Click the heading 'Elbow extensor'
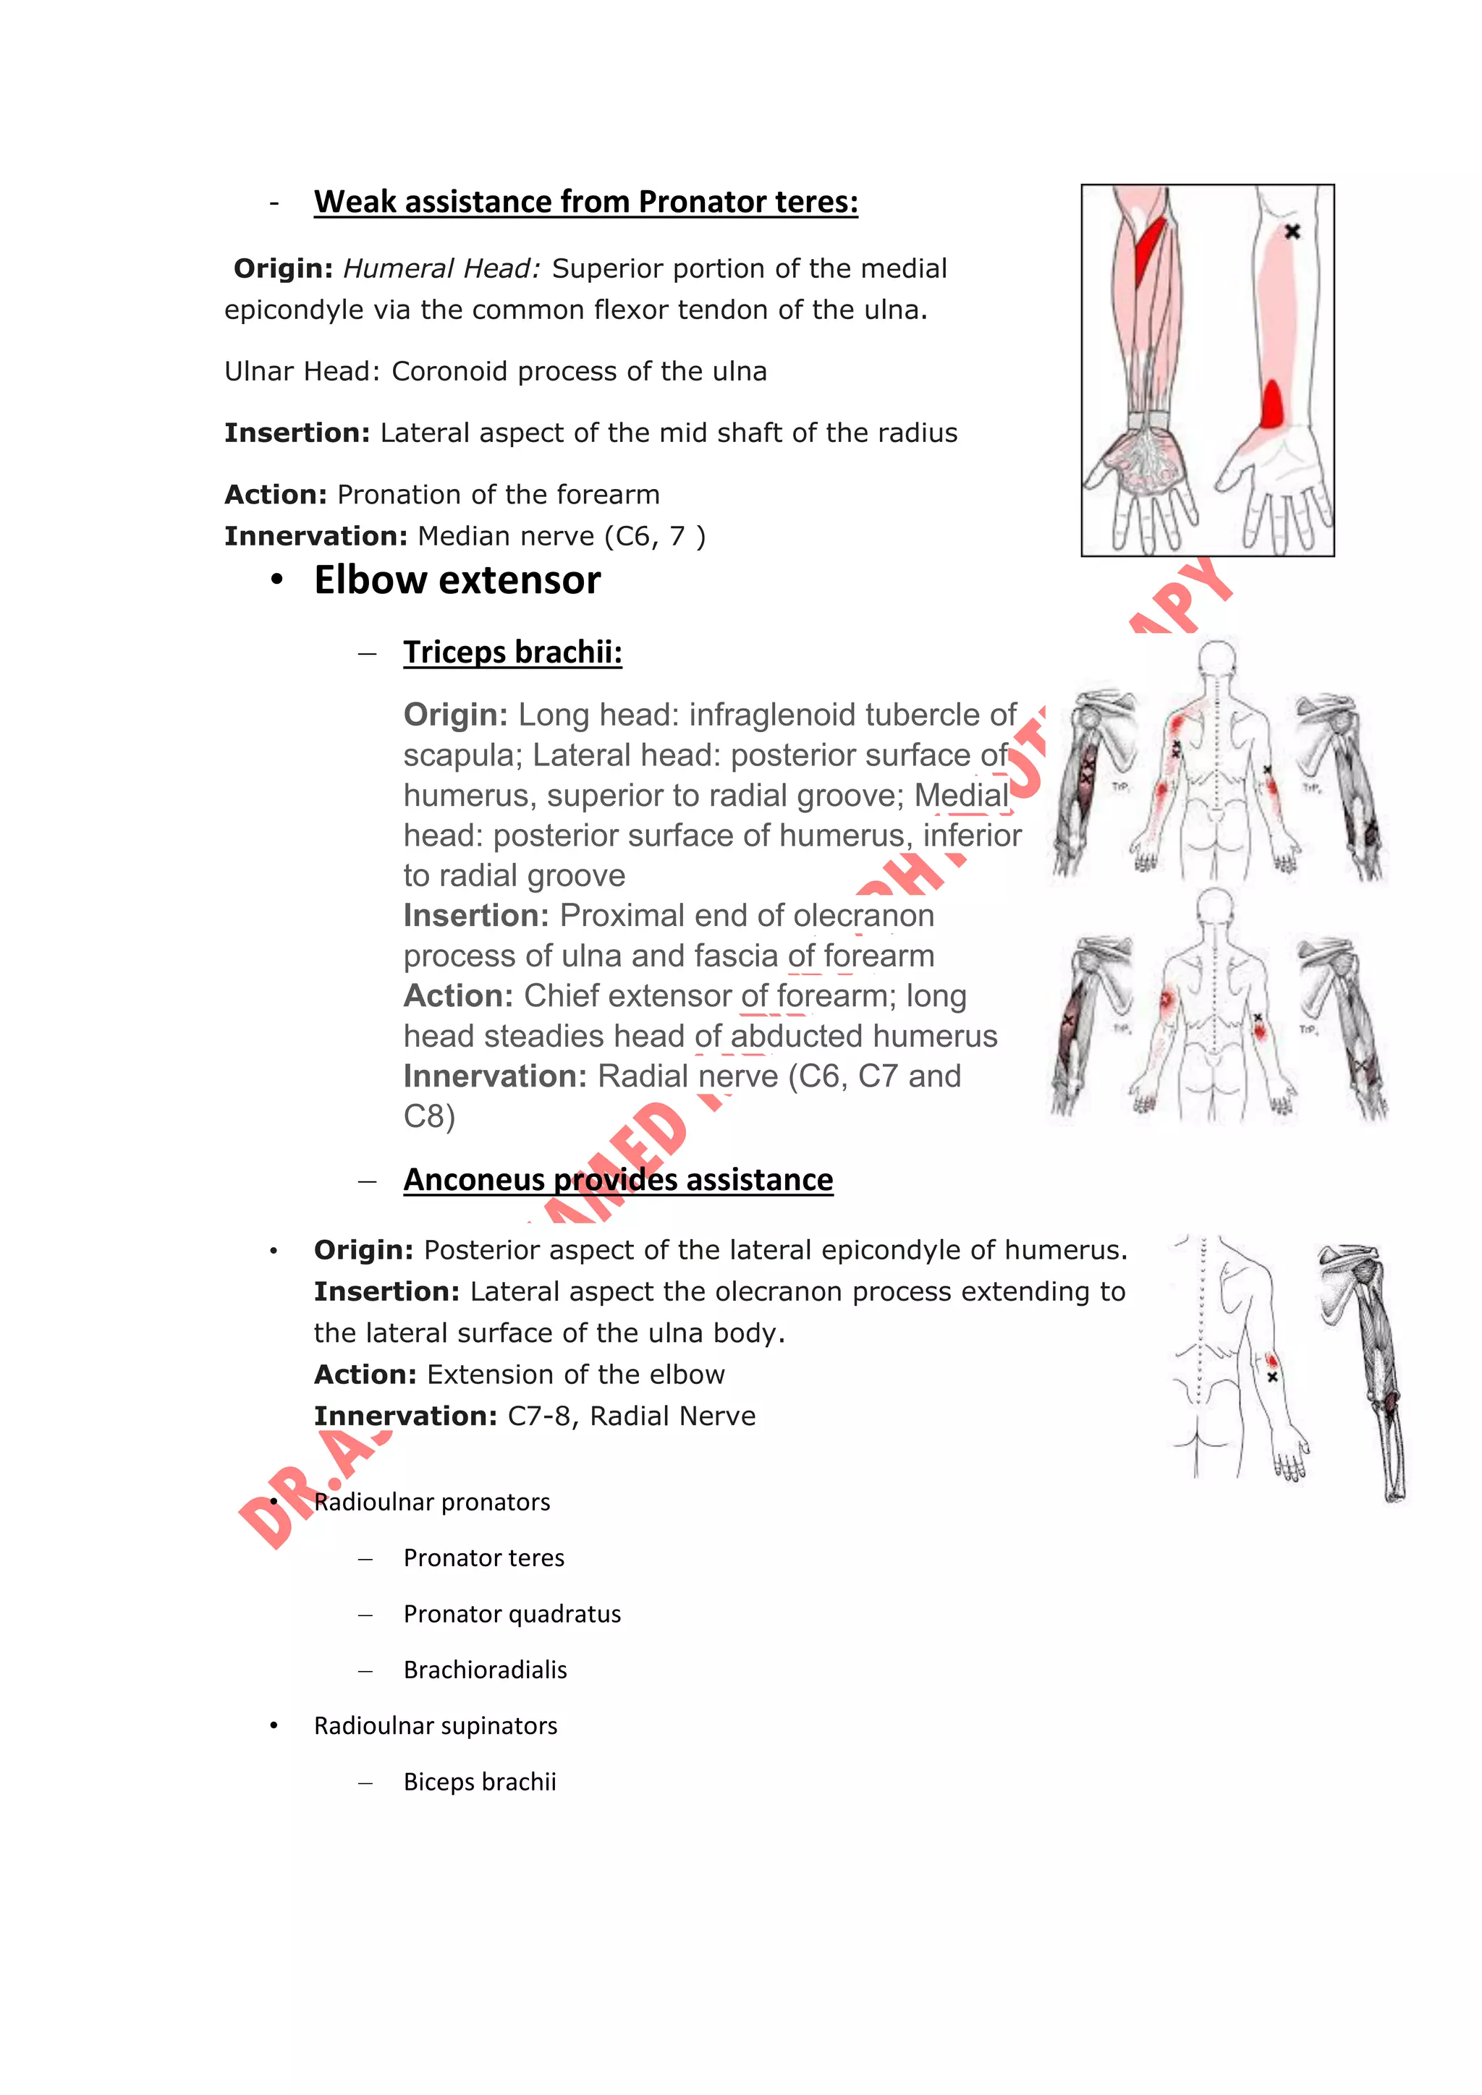coord(457,580)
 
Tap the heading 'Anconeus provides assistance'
coord(618,1180)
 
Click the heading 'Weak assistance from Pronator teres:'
coord(586,202)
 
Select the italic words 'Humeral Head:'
coord(441,269)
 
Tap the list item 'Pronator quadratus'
coord(512,1614)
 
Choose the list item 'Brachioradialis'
coord(485,1670)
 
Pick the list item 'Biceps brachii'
coord(479,1782)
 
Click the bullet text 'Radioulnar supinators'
coord(436,1726)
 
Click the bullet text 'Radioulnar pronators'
coord(431,1502)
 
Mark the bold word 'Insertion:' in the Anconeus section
coord(387,1292)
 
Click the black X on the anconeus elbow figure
coord(1273,1377)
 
